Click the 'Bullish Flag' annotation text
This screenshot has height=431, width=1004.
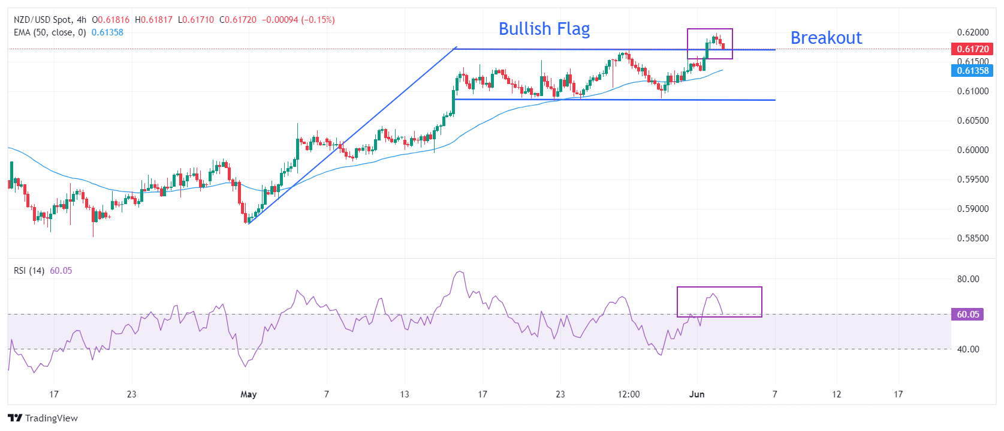[x=544, y=29]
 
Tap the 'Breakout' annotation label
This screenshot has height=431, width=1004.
[x=825, y=38]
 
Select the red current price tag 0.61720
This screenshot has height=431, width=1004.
[x=972, y=49]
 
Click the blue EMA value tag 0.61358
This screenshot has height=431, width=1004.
[x=972, y=71]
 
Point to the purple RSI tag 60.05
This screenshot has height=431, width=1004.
[x=967, y=314]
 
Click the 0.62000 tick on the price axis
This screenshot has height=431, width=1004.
[x=972, y=32]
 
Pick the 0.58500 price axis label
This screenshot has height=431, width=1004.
[x=972, y=238]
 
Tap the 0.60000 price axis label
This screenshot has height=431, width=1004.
[x=972, y=150]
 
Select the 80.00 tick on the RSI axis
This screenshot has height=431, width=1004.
[x=968, y=279]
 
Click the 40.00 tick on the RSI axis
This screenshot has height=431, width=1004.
[x=968, y=349]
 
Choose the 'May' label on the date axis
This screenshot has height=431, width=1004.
[x=248, y=394]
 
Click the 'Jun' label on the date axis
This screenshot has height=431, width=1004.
[x=697, y=394]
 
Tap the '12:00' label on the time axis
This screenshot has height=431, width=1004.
[x=629, y=394]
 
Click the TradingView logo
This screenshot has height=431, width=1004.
[x=43, y=418]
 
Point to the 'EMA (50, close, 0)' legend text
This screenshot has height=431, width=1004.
[x=50, y=32]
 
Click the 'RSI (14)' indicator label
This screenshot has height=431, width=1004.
[x=29, y=271]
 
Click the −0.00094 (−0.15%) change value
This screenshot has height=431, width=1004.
[x=298, y=20]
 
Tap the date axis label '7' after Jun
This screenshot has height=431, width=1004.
[x=774, y=394]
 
